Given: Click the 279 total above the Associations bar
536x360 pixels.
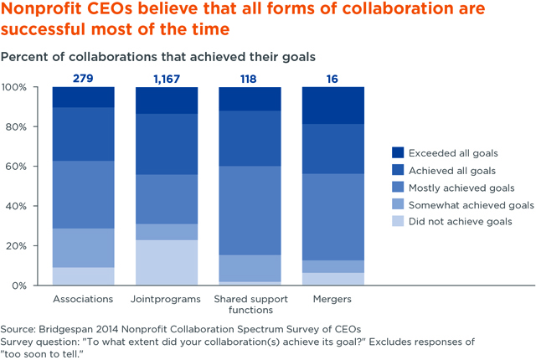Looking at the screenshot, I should pyautogui.click(x=84, y=79).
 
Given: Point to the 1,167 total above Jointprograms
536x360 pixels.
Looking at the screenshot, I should pyautogui.click(x=167, y=79).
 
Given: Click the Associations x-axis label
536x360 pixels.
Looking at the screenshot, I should pyautogui.click(x=83, y=298).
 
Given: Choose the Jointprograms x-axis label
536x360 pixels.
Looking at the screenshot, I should pyautogui.click(x=167, y=298).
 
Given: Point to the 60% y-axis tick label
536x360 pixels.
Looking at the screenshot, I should pyautogui.click(x=18, y=167).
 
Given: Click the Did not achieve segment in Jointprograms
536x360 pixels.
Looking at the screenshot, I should pyautogui.click(x=167, y=262).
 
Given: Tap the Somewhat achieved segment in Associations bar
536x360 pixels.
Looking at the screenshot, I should pyautogui.click(x=84, y=248).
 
